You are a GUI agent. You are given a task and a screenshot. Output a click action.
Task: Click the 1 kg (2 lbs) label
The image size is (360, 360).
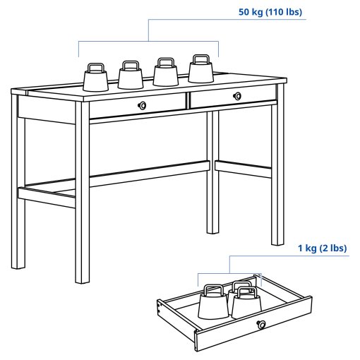(322, 248)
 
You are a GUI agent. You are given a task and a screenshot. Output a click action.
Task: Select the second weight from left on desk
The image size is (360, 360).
(130, 76)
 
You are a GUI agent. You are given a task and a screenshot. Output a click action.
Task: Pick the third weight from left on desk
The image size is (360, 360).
(166, 73)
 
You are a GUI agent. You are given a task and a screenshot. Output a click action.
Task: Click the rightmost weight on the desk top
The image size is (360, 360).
(200, 70)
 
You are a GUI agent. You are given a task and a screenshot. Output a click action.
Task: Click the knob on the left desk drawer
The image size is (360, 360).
(143, 105)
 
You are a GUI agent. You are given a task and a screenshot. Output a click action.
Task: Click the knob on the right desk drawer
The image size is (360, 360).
(237, 95)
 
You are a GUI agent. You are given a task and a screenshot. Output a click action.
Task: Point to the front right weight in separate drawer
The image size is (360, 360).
(246, 304)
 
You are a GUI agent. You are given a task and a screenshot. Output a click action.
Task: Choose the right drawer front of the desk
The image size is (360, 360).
(233, 97)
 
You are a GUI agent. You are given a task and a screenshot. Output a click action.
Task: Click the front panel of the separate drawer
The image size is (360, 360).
(240, 328)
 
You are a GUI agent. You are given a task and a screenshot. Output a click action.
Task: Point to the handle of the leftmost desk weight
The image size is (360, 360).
(95, 66)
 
